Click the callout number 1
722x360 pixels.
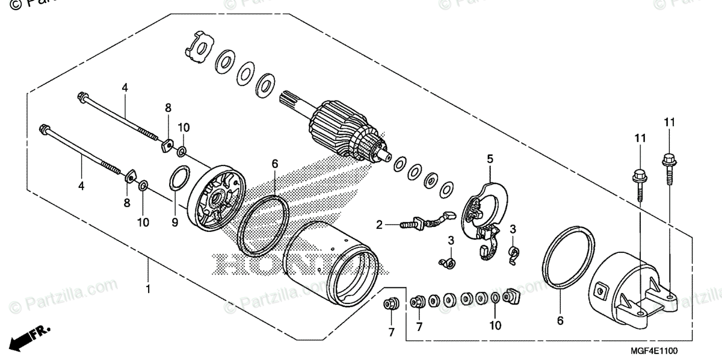click(148, 290)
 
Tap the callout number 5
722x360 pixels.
click(490, 159)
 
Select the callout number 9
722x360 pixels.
click(174, 223)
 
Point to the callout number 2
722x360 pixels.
click(380, 225)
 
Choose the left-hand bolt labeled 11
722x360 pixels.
click(639, 181)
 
